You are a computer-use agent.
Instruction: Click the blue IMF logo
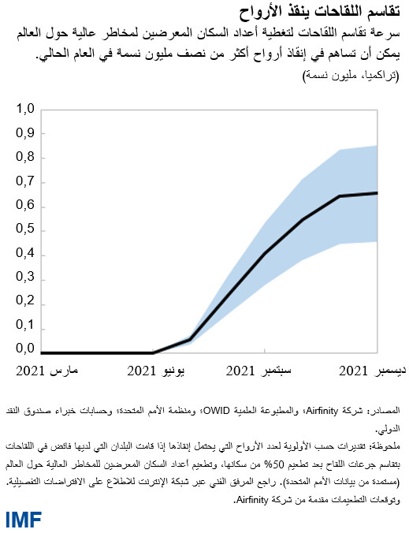(24, 520)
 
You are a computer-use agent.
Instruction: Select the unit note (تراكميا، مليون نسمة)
(351, 75)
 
